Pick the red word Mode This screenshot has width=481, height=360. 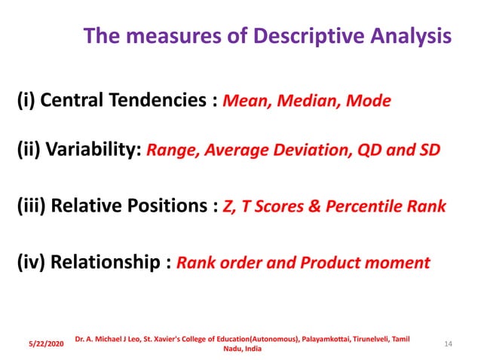tap(369, 102)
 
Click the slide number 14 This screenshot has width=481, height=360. tap(449, 344)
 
